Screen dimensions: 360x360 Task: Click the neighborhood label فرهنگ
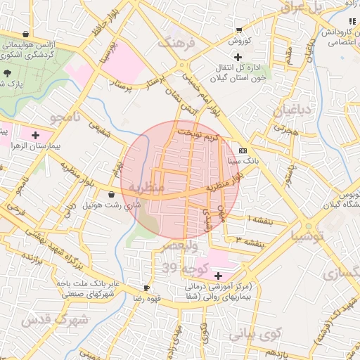click(x=180, y=42)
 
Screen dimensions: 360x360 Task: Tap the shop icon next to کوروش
click(x=239, y=30)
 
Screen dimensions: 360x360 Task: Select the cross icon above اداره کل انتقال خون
click(x=238, y=56)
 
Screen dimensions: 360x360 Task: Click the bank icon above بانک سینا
click(x=243, y=150)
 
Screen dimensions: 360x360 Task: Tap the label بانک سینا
click(x=243, y=161)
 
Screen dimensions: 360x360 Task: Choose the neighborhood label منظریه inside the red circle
click(x=148, y=188)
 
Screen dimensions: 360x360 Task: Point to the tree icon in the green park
click(x=8, y=72)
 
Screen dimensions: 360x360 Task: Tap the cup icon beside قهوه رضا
click(x=146, y=288)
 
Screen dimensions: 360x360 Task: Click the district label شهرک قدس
click(x=53, y=320)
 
